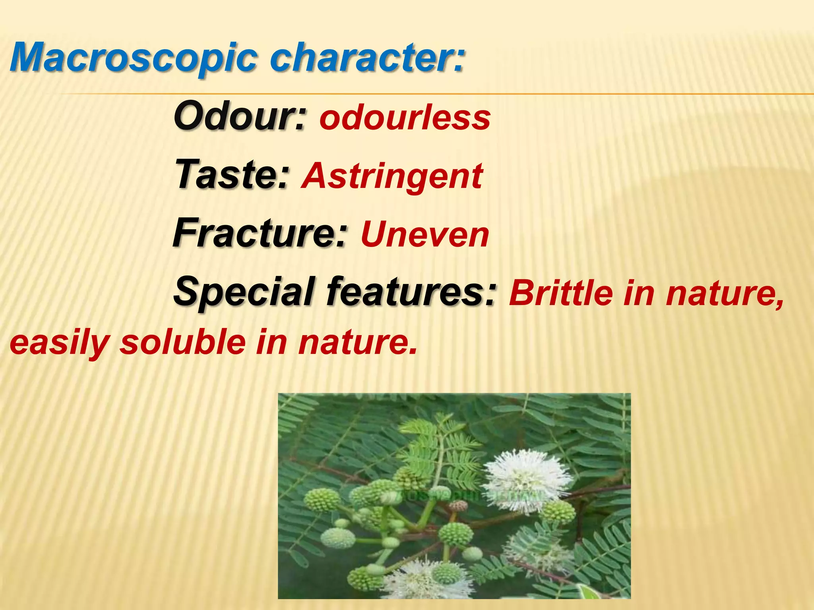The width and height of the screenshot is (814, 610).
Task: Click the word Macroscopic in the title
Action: [x=133, y=58]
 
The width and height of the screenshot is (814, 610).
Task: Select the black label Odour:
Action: [x=240, y=116]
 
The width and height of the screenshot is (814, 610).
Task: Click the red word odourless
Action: [x=405, y=118]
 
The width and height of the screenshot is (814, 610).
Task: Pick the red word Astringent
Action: [x=392, y=176]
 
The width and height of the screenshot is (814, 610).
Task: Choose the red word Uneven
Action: [x=424, y=235]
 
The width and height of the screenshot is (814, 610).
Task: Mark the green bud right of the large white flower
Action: [x=559, y=512]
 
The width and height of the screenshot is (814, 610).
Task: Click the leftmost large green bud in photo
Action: [x=322, y=500]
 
